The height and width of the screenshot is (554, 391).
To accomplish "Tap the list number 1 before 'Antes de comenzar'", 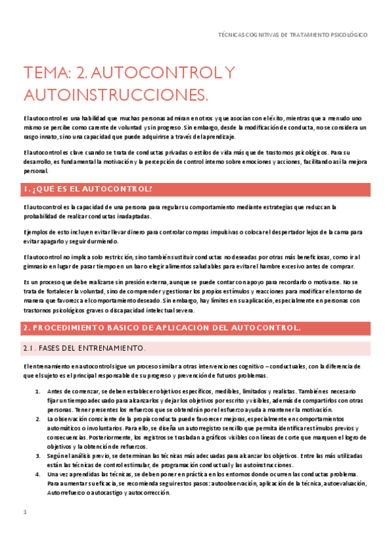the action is pos(37,391).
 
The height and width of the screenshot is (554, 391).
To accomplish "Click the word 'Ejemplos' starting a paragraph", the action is pos(36,232).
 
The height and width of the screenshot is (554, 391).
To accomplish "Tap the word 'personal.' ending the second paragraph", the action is pos(35,171).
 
